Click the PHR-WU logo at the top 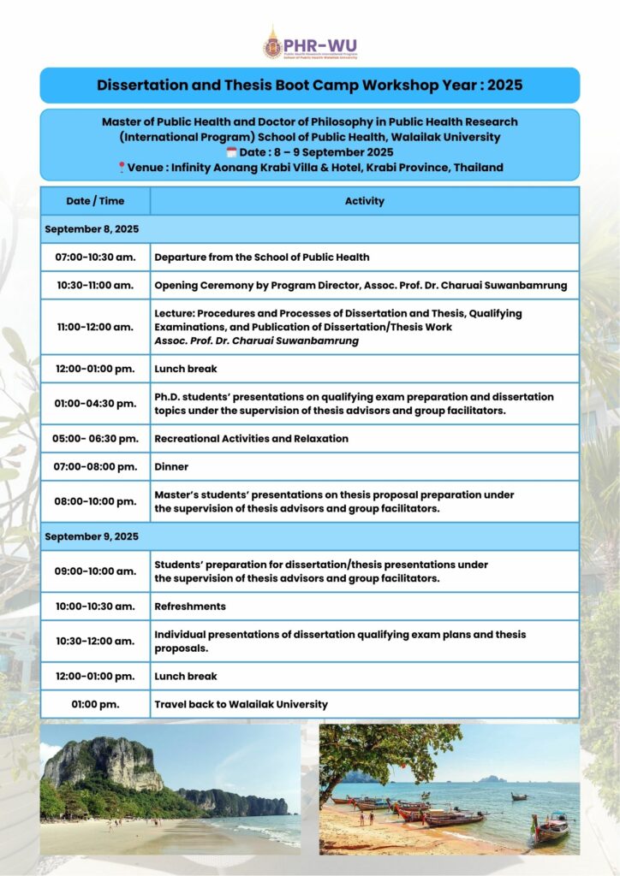(x=309, y=43)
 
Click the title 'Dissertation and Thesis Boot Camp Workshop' (x=309, y=86)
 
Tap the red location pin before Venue (x=122, y=167)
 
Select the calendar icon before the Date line (x=230, y=151)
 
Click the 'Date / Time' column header (x=95, y=201)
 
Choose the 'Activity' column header (x=364, y=201)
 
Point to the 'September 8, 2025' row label (x=92, y=229)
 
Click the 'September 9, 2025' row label (x=92, y=536)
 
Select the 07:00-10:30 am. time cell (x=95, y=257)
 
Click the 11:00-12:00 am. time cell (x=95, y=327)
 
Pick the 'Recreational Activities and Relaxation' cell (x=251, y=438)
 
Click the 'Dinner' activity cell (x=171, y=467)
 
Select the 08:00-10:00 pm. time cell (x=95, y=501)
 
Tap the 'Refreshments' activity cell (x=190, y=606)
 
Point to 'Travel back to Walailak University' (x=241, y=704)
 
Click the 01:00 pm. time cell (x=95, y=704)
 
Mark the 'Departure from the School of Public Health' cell (x=262, y=257)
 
